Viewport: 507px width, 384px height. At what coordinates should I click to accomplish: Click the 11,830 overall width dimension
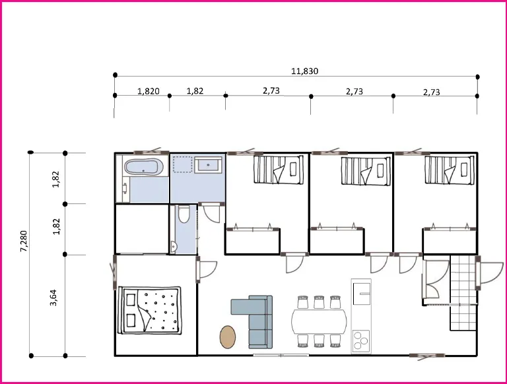[x=304, y=71]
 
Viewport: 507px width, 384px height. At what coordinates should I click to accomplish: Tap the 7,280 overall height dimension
[x=24, y=241]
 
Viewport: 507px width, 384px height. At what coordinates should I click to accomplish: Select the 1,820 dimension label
[x=149, y=91]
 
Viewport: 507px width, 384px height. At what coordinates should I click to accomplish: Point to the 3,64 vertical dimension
[x=53, y=298]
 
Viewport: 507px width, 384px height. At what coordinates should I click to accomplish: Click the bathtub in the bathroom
[x=141, y=167]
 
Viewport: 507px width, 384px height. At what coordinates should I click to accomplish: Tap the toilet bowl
[x=184, y=214]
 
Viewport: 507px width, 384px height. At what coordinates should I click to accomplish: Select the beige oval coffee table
[x=228, y=336]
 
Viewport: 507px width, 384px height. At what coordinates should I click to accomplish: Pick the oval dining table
[x=319, y=322]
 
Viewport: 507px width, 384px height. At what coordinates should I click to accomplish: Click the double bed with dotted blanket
[x=150, y=310]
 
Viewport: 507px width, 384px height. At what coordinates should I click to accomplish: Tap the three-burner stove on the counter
[x=361, y=341]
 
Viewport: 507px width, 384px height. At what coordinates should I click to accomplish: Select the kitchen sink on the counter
[x=362, y=294]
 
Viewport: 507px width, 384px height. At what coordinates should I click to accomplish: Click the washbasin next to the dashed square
[x=209, y=165]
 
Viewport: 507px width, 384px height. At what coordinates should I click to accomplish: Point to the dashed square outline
[x=183, y=164]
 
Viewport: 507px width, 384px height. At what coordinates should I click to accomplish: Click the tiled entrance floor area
[x=463, y=292]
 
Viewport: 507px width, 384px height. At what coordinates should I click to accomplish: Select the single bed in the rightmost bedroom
[x=450, y=170]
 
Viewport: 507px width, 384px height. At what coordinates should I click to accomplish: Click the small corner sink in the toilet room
[x=174, y=247]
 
